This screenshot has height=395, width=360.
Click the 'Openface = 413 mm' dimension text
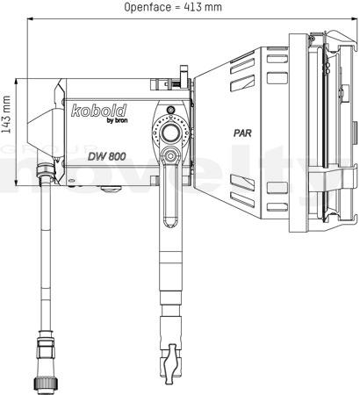point(173,7)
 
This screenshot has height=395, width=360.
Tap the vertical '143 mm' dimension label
point(6,114)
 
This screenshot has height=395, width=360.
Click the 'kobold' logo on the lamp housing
point(99,111)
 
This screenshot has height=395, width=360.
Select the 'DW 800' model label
point(107,156)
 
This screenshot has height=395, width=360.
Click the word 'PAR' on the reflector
point(242,133)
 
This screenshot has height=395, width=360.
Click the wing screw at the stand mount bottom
point(170,363)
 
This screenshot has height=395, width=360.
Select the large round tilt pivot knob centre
point(171,133)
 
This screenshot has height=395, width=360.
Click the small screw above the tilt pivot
point(170,111)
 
